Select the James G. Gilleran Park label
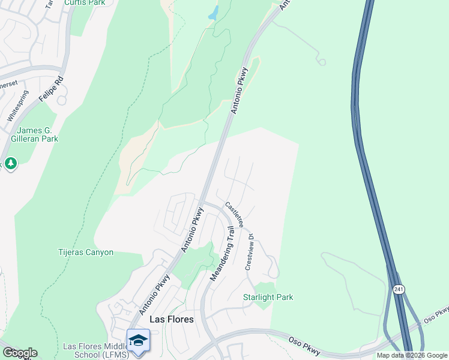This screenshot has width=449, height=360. [37, 134]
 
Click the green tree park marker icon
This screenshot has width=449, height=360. [10, 163]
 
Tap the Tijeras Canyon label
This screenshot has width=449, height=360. [86, 253]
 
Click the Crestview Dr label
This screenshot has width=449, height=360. [250, 252]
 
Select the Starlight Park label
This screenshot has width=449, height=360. [268, 297]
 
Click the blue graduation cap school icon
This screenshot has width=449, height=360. [139, 341]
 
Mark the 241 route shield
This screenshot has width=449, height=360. [400, 290]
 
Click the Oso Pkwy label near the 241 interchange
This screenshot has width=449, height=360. [436, 316]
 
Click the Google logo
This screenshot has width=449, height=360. [19, 353]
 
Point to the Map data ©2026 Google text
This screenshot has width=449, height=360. [411, 355]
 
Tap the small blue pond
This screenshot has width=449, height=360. [213, 13]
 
